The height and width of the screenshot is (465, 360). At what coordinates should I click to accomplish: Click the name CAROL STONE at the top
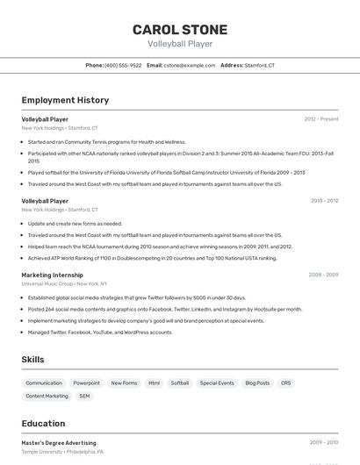[x=180, y=30]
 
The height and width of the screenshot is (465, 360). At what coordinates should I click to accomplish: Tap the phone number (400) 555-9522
[x=123, y=66]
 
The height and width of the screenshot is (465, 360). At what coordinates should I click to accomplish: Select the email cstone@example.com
[x=189, y=66]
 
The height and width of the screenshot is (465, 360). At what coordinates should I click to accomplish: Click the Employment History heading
[x=65, y=100]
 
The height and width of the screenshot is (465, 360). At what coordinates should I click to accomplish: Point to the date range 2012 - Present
[x=321, y=119]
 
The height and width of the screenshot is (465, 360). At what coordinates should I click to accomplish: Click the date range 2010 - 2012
[x=324, y=201]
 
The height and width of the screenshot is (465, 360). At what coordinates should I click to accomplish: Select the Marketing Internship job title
[x=53, y=275]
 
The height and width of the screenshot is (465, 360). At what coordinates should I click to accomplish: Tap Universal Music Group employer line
[x=64, y=284]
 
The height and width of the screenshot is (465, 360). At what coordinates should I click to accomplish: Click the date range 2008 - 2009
[x=324, y=275]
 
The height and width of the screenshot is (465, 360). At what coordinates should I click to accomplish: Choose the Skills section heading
[x=33, y=360]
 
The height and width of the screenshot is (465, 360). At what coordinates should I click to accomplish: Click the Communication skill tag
[x=44, y=383]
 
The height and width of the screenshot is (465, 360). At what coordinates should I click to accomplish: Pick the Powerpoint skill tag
[x=86, y=383]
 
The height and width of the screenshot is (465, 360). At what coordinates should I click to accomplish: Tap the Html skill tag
[x=154, y=383]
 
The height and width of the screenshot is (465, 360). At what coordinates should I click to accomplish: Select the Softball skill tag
[x=180, y=383]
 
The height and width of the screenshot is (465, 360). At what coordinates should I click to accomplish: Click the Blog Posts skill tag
[x=257, y=383]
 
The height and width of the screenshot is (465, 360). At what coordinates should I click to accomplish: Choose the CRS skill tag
[x=285, y=383]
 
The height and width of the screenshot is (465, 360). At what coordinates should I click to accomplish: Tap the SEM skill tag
[x=84, y=397]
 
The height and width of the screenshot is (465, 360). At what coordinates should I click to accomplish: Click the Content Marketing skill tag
[x=47, y=397]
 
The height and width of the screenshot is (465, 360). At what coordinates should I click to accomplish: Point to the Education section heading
[x=43, y=423]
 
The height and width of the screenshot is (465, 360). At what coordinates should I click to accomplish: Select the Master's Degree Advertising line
[x=59, y=443]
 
